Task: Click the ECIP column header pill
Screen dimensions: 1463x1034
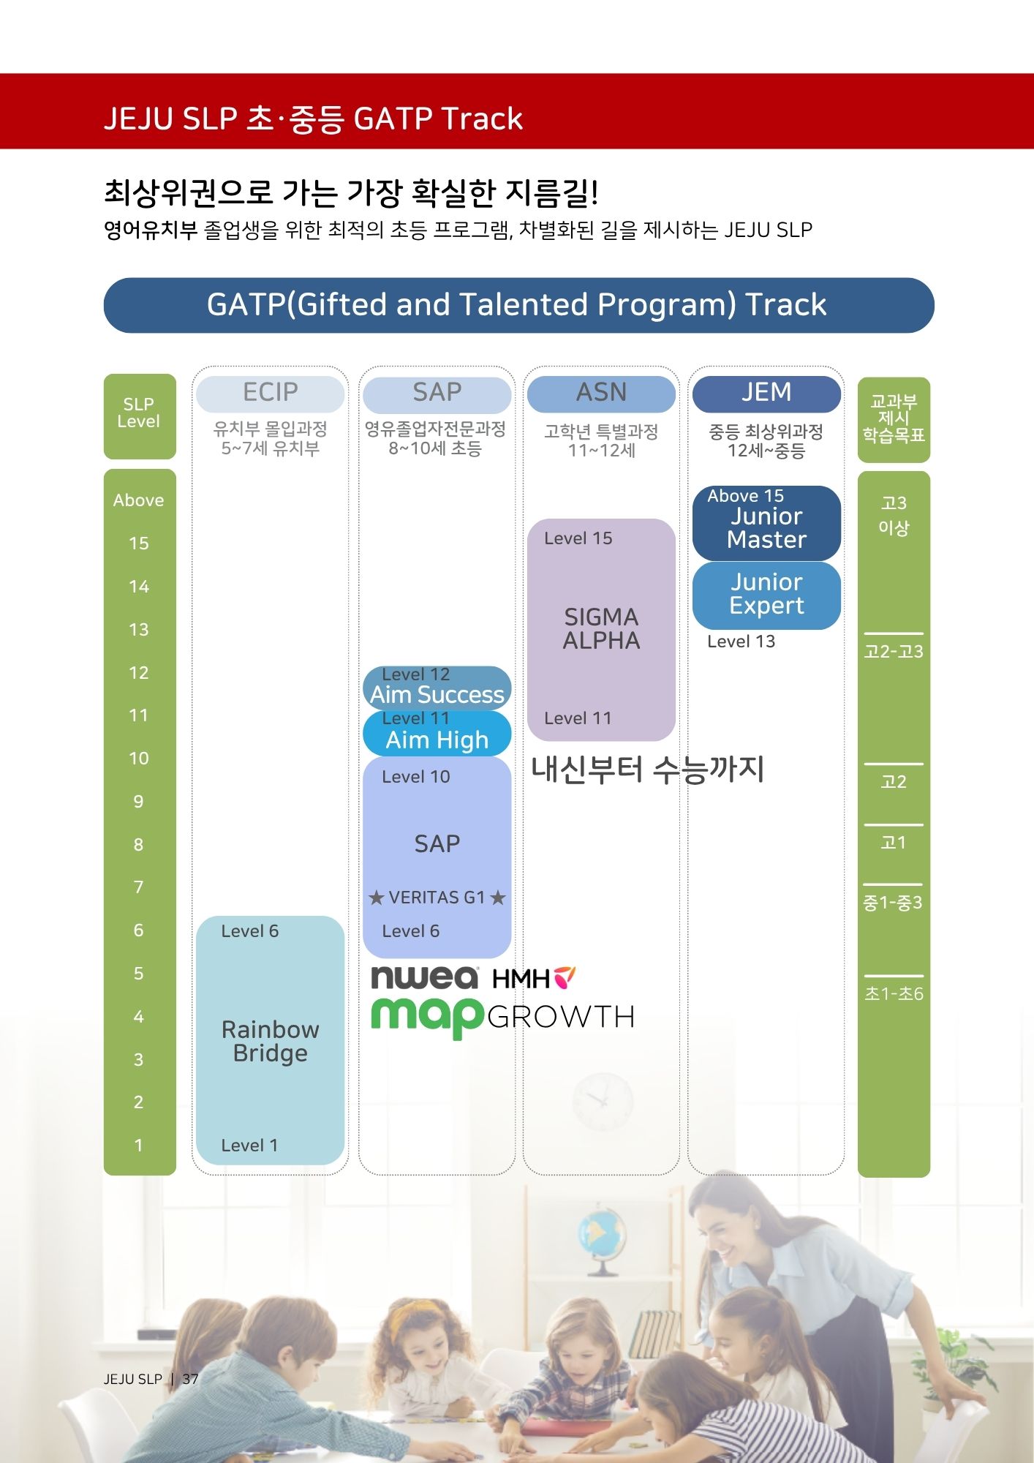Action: [270, 394]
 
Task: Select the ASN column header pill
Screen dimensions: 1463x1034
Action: [601, 394]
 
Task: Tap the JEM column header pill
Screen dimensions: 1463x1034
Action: [766, 394]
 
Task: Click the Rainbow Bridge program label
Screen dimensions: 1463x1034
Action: [270, 1041]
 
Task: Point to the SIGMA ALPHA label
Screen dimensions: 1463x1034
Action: [601, 628]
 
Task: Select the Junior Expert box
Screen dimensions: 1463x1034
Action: [766, 594]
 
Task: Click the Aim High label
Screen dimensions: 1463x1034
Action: [437, 740]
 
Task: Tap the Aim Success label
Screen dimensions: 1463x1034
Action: [437, 694]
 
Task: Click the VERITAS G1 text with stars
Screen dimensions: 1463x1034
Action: [437, 898]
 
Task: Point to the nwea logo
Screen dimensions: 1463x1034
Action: [424, 977]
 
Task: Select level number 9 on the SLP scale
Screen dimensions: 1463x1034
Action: [138, 802]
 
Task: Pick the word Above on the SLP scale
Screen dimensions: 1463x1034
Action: [138, 500]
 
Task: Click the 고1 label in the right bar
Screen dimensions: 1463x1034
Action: [893, 843]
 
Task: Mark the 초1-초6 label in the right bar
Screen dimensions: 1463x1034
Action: [893, 994]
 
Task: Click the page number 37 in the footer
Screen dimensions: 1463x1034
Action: [190, 1379]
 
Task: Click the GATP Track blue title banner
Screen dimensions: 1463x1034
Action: [518, 305]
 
